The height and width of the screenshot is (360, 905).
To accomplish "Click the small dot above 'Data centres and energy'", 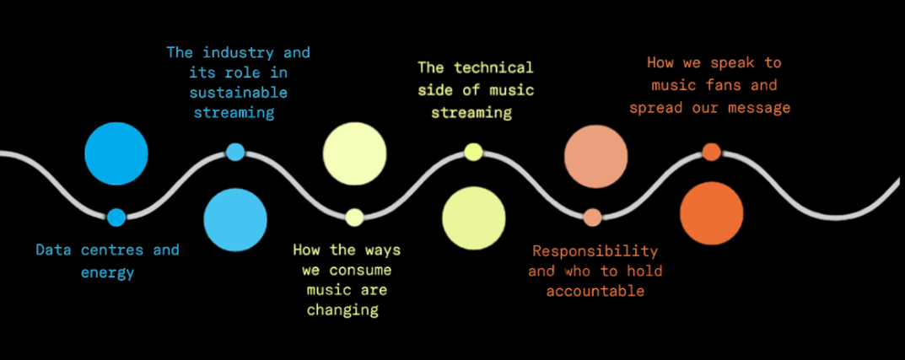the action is click(116, 218).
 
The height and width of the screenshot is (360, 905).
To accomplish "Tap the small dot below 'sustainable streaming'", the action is click(235, 152).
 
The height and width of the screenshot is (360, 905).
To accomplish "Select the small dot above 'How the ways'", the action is click(354, 218).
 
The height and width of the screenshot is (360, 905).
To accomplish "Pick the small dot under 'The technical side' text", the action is click(473, 152).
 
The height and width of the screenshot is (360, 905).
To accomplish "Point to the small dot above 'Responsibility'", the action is click(593, 218).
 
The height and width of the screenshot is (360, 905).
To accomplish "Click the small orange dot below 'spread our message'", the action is click(711, 152).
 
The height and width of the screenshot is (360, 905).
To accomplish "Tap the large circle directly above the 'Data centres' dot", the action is click(116, 153).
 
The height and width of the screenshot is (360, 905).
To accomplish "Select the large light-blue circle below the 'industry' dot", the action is click(235, 219).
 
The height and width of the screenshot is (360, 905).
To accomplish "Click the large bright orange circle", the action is click(712, 213).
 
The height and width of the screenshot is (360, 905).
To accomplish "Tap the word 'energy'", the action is click(107, 272).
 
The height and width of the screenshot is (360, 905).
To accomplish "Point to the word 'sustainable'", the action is click(239, 92).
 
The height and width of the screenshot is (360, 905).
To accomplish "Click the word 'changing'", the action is click(342, 310).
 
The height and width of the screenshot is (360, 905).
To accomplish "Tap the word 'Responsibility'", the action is click(595, 251).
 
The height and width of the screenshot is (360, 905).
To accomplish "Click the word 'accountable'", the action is click(595, 291).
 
